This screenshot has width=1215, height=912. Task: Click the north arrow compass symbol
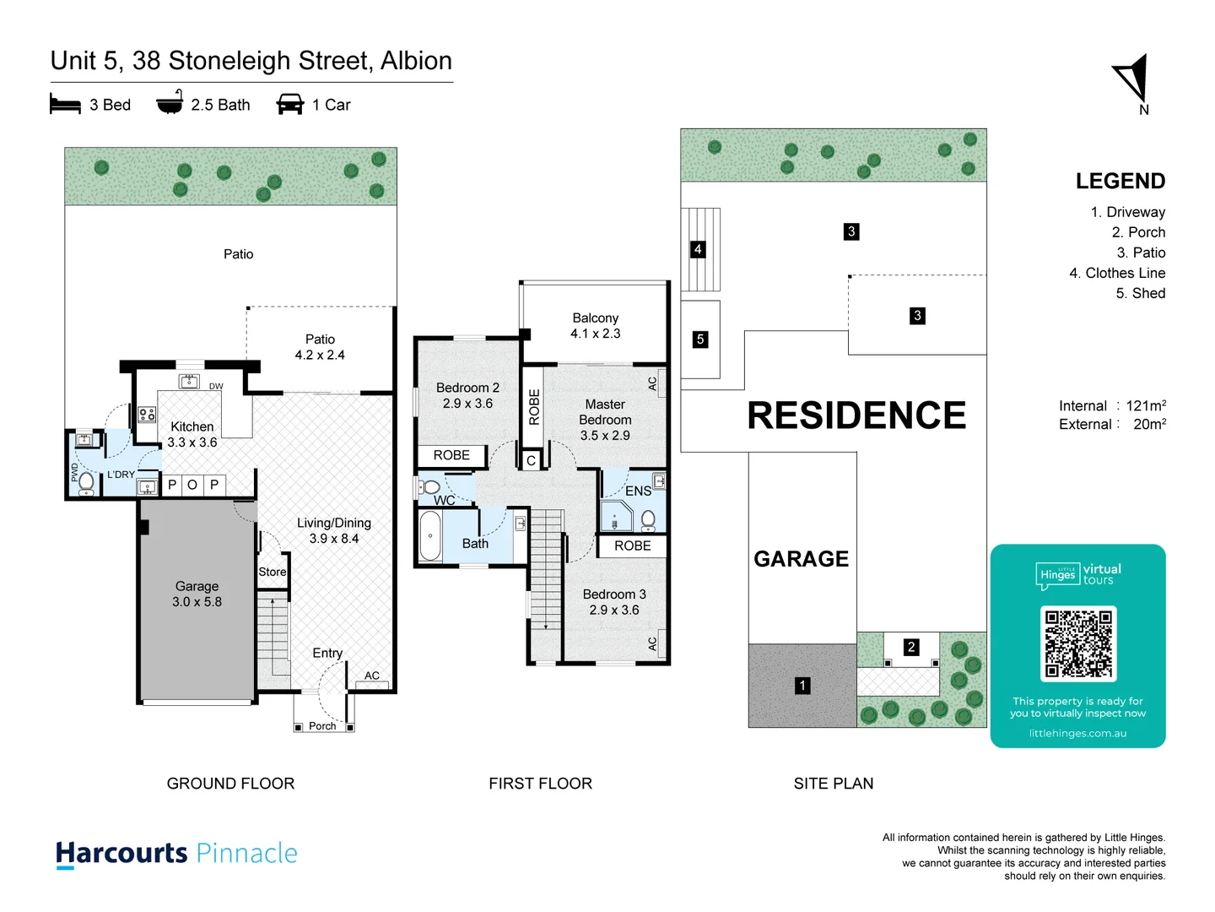[1134, 79]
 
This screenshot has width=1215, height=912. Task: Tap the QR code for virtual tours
[1078, 643]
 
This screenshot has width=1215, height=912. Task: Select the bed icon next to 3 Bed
[65, 105]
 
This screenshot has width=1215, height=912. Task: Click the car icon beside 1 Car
[289, 105]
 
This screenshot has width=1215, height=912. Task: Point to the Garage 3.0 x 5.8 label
[197, 594]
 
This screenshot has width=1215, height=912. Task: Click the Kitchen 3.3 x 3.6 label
[192, 434]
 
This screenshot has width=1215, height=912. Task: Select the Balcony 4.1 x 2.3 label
[595, 326]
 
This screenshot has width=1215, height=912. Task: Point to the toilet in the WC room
[430, 487]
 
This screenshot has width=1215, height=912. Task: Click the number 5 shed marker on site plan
[699, 339]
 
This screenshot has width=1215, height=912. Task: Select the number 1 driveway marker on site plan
[802, 686]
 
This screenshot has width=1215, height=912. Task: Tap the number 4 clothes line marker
[698, 249]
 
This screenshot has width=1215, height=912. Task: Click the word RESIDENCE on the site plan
[856, 415]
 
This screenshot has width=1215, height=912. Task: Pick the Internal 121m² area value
[1145, 406]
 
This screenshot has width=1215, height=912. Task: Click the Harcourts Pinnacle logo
[176, 854]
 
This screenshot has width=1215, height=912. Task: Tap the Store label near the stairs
[273, 572]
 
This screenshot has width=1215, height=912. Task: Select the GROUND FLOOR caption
[230, 784]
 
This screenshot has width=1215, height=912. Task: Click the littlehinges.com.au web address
[1077, 733]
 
